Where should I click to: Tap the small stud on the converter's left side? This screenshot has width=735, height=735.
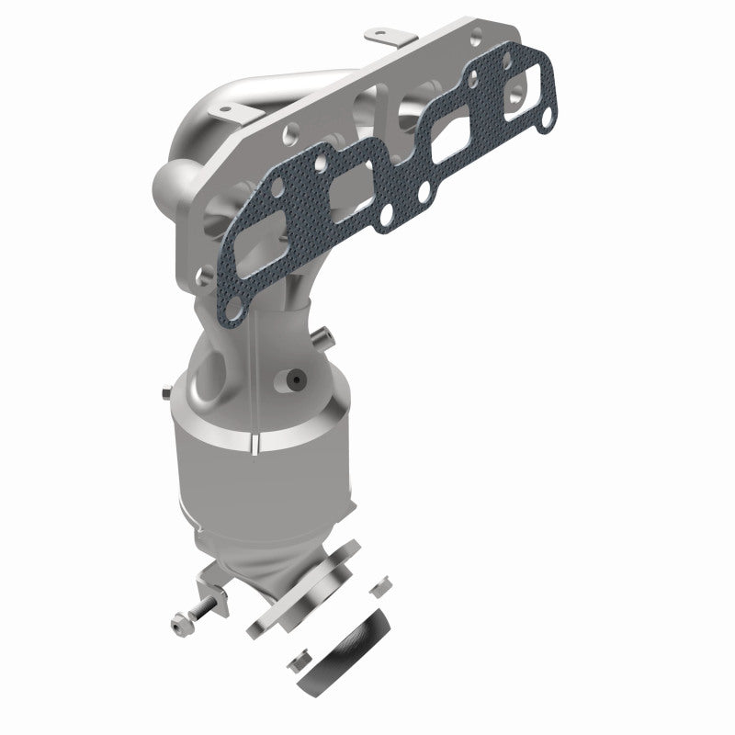tap(163, 395)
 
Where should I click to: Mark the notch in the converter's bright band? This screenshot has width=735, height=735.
tap(252, 448)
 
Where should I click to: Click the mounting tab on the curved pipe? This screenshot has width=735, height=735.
tap(224, 111)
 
